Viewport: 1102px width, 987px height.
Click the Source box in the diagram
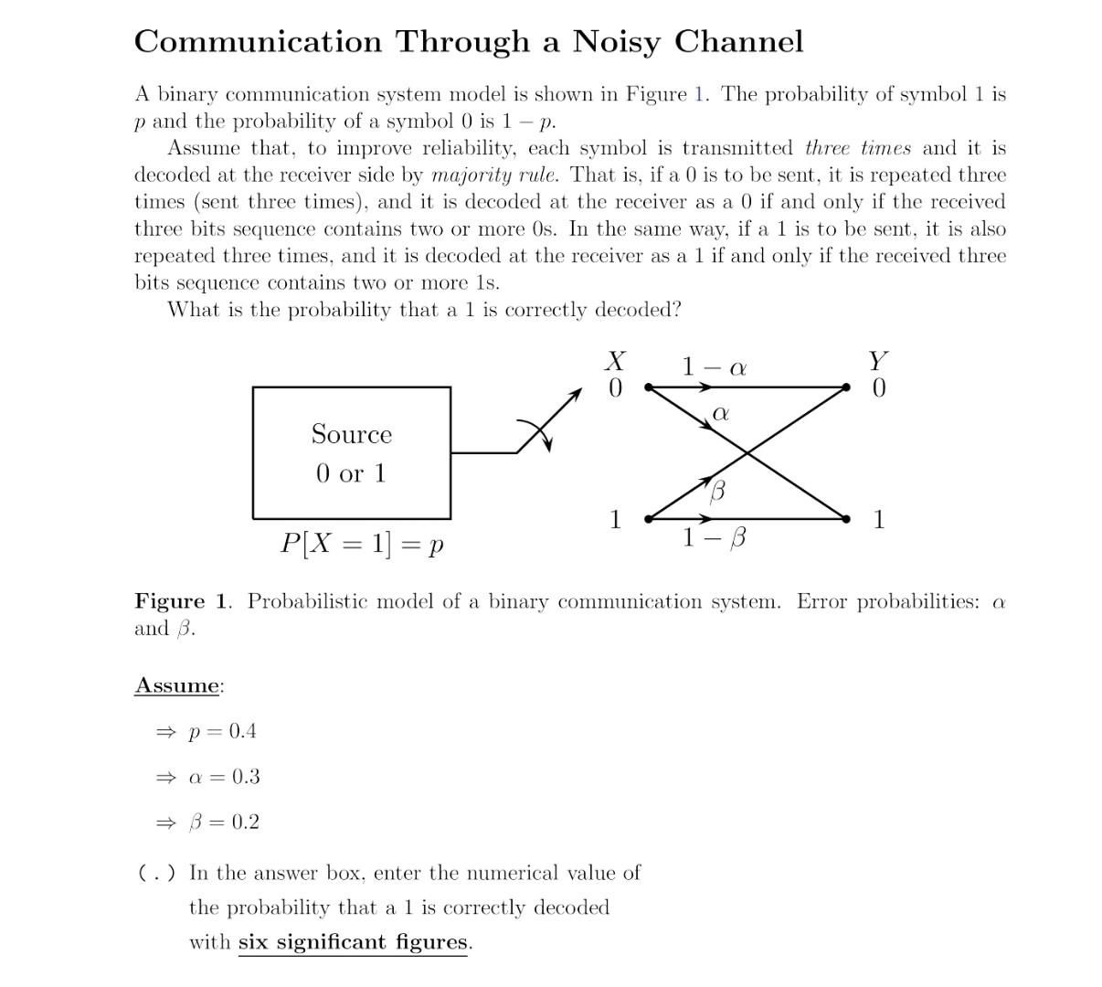pos(352,452)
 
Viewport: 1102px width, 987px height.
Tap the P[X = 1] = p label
pos(362,544)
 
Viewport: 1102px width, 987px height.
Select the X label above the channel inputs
pos(616,362)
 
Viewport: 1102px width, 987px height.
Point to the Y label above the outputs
pos(878,362)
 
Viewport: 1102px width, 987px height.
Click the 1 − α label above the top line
pos(715,367)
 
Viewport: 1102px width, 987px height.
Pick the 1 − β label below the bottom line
pos(714,538)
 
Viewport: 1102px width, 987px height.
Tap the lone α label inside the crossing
pos(720,414)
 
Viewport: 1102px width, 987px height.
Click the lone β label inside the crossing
pos(718,492)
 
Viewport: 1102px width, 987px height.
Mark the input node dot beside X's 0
pos(648,387)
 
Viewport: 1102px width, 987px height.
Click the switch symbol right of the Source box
pos(540,430)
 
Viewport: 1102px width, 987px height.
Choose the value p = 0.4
pos(222,731)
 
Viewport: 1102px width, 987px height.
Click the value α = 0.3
pos(224,777)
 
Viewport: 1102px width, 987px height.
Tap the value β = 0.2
pos(224,822)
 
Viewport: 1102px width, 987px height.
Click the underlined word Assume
pos(177,685)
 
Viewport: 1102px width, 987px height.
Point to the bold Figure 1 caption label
pos(182,601)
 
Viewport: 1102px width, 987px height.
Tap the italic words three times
pos(858,148)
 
